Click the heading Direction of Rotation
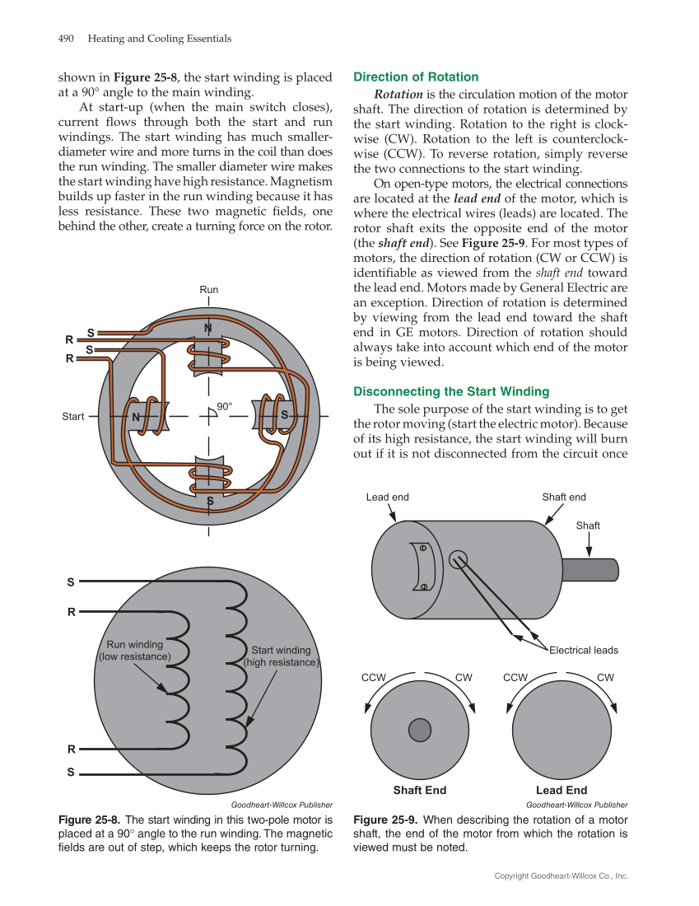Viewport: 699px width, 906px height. pos(416,77)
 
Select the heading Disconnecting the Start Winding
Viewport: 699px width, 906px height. pos(451,391)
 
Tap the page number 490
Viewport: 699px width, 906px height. pos(67,39)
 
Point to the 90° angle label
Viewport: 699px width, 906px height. pos(225,406)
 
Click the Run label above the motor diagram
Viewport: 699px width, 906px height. pos(209,290)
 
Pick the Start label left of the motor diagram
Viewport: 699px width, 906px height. pos(73,417)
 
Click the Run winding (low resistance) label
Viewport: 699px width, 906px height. pos(135,651)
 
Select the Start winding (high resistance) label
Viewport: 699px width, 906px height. pos(281,656)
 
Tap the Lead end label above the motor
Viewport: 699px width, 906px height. pos(387,497)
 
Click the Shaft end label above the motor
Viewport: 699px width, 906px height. pos(564,497)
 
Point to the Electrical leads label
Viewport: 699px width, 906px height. pos(584,650)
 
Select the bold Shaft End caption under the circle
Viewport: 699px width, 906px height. pos(420,790)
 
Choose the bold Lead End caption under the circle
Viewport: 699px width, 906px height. pos(562,790)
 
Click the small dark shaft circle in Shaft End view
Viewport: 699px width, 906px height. pos(420,730)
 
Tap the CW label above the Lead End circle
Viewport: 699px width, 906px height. pos(605,677)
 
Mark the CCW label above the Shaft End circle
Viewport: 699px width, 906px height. pos(375,677)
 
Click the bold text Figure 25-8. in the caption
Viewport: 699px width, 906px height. pos(90,820)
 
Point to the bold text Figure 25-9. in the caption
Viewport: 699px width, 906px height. pos(385,820)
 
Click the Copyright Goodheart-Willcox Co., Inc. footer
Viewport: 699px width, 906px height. pos(561,876)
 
